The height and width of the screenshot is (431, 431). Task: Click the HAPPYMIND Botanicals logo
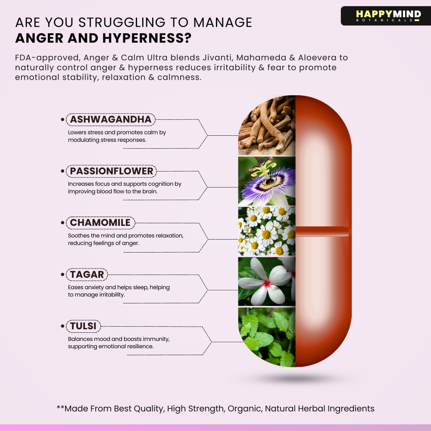386,16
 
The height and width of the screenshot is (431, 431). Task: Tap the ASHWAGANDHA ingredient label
111,119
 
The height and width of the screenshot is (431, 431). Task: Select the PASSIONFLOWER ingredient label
111,171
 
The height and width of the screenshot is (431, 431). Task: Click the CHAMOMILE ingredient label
100,223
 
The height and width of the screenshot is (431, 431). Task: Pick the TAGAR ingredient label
87,274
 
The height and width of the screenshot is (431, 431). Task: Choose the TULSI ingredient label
83,326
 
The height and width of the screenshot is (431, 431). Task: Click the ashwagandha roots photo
267,125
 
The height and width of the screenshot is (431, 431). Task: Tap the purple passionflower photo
267,181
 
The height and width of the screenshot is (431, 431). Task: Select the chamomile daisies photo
267,231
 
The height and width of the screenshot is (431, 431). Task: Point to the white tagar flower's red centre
267,284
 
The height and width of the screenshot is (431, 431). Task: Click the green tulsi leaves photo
267,337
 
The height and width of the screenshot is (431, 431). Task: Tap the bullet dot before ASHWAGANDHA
62,119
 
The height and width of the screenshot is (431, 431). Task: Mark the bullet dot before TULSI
62,326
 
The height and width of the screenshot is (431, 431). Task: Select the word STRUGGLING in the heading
122,22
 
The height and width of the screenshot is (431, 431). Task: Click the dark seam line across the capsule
322,231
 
